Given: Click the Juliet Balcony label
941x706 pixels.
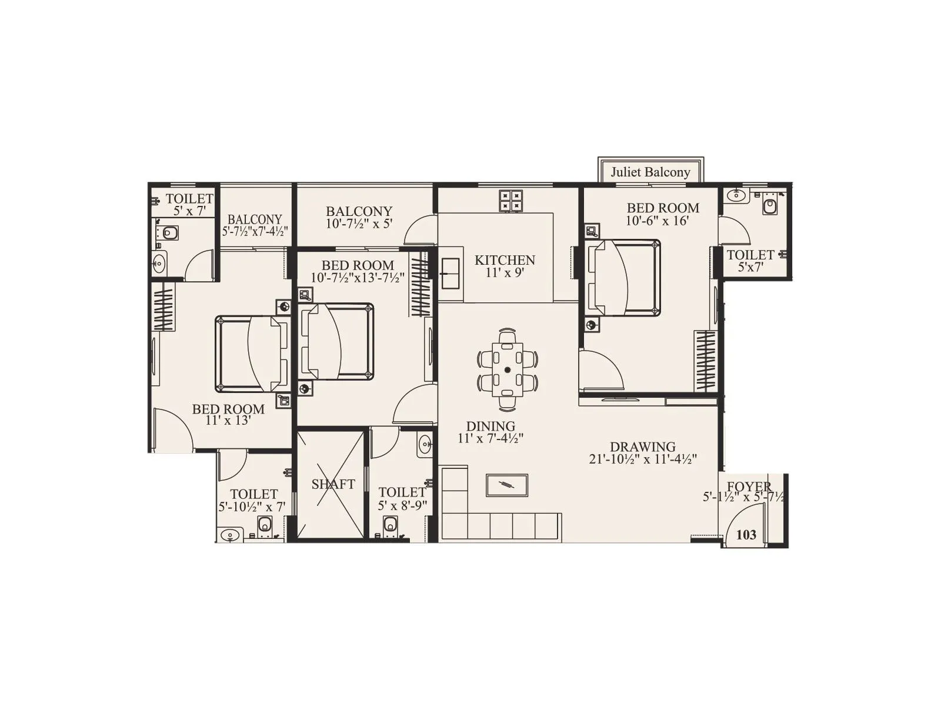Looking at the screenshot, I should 650,172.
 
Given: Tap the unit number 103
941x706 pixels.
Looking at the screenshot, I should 746,534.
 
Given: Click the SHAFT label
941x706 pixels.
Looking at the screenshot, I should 333,484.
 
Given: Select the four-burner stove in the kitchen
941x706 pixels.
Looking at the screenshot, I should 510,201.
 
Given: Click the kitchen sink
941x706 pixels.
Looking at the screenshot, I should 451,274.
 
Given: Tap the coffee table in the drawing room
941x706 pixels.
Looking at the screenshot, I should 506,485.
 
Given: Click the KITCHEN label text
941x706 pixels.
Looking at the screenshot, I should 505,260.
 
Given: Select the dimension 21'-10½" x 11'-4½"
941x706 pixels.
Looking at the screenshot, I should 643,459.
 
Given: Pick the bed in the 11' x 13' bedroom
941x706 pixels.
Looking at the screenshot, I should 252,354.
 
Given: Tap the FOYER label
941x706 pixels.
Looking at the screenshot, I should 749,487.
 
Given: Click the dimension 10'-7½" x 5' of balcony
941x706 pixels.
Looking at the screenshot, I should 359,224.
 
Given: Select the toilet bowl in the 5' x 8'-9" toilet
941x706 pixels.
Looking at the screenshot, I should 390,523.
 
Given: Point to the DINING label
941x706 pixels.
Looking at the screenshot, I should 490,426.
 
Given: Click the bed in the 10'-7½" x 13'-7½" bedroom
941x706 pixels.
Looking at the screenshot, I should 336,341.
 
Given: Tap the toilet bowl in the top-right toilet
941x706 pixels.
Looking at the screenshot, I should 769,206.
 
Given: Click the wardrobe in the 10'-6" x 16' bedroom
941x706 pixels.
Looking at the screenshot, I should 705,361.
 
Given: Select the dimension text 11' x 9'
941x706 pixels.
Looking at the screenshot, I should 505,273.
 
